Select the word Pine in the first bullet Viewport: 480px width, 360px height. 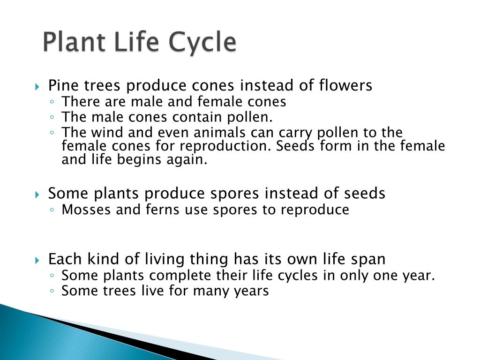tap(64, 86)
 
